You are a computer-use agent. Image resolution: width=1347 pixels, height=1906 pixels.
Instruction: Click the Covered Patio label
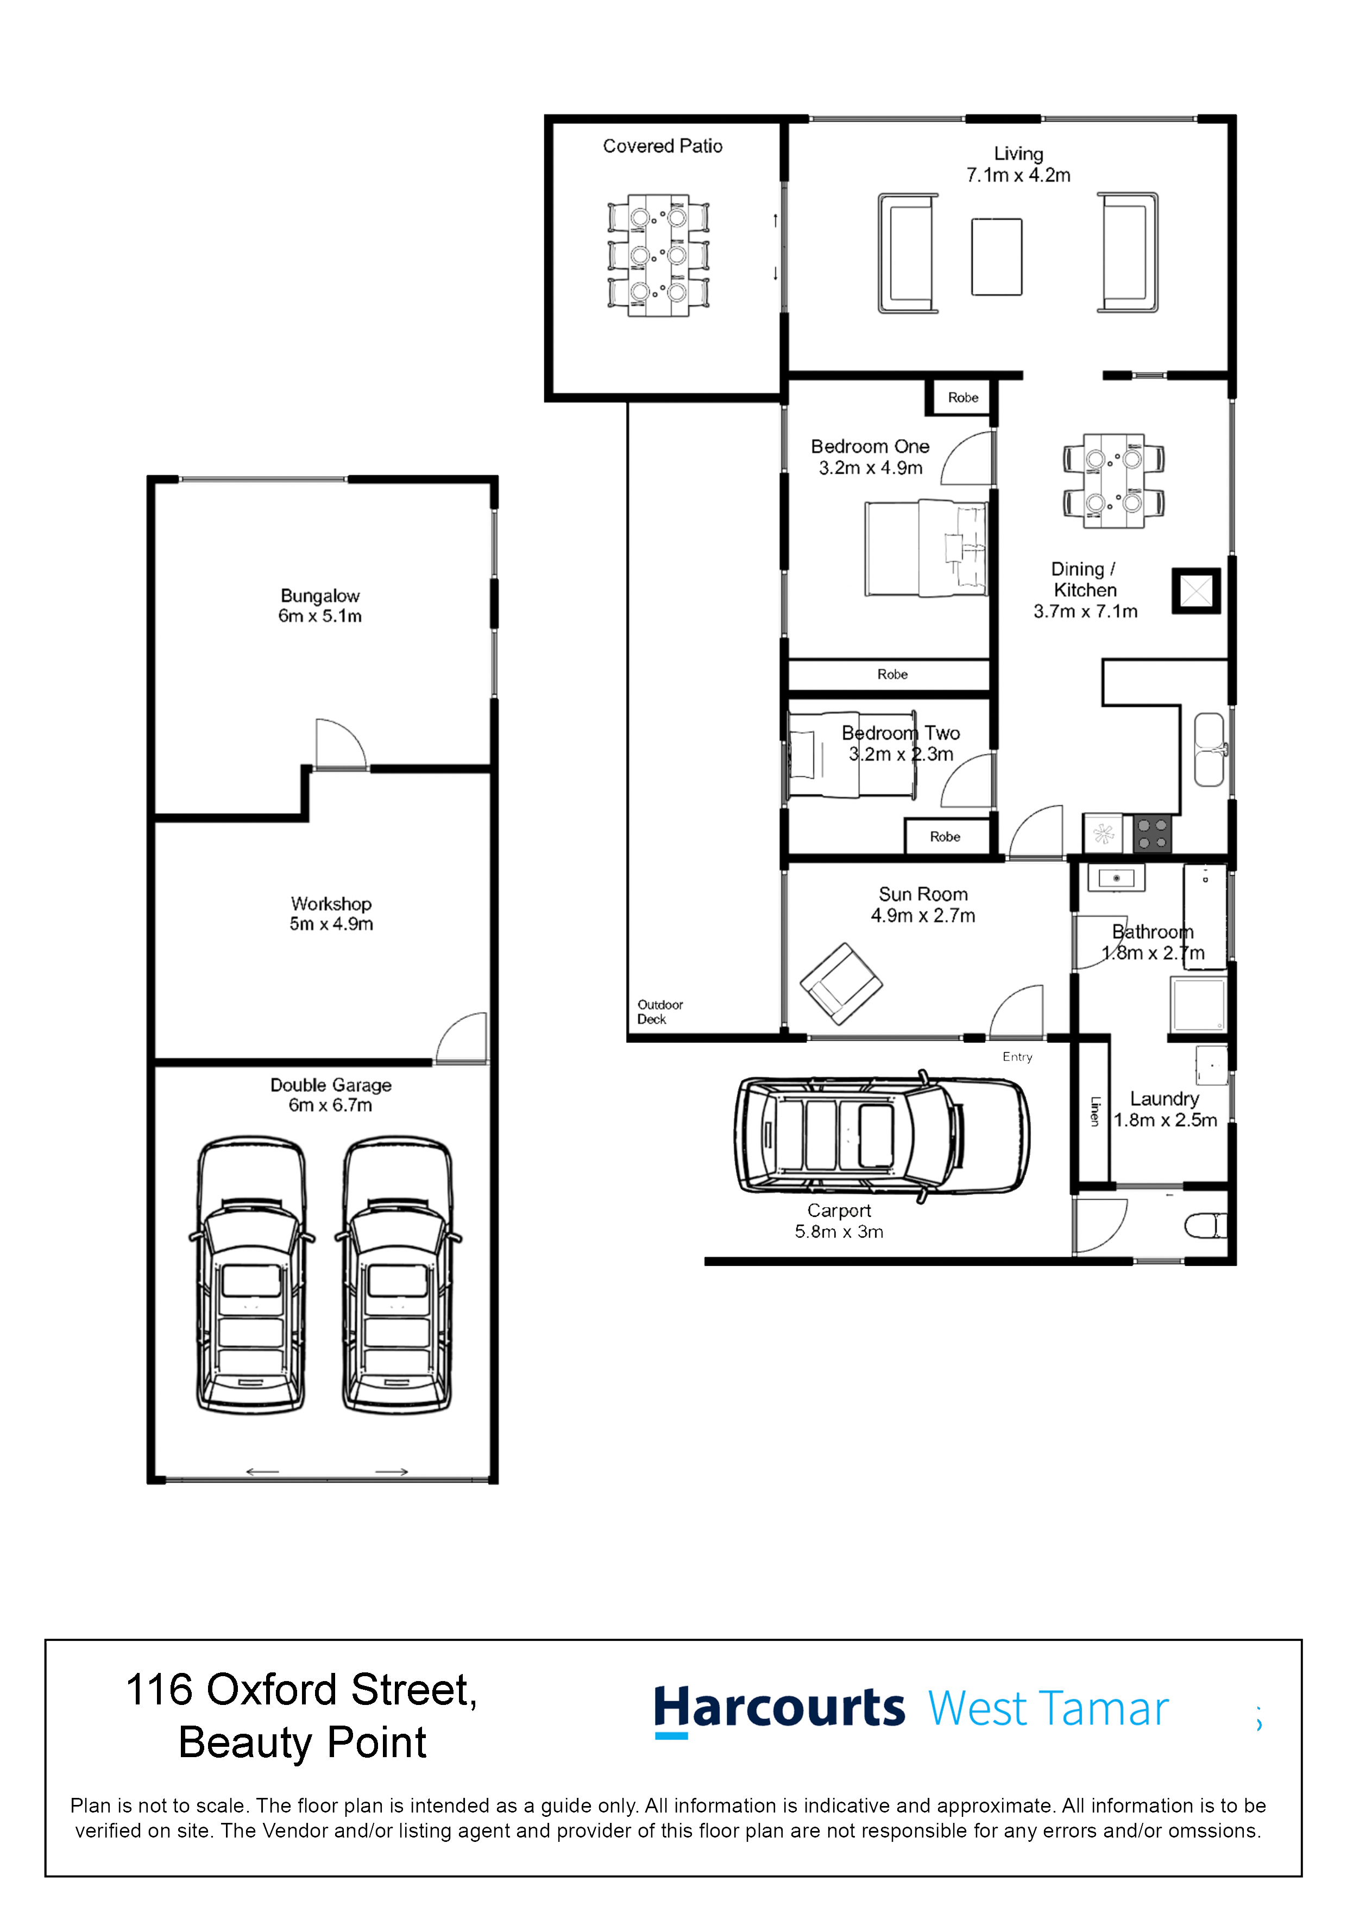click(662, 146)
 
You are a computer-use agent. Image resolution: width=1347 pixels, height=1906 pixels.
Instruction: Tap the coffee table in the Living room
click(996, 256)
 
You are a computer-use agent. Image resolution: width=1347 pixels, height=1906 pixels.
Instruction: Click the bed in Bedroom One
click(926, 548)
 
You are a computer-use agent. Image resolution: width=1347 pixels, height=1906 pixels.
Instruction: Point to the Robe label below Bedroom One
click(892, 674)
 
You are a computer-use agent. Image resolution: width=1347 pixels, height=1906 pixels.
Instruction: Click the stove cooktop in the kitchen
click(1152, 833)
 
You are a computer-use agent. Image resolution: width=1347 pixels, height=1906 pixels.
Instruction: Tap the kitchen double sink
click(1208, 749)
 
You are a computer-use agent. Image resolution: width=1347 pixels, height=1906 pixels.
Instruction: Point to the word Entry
click(1017, 1057)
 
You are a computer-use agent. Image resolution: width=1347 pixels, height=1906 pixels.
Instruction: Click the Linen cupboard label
click(1094, 1111)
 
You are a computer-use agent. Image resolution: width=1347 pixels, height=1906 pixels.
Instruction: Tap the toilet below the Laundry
click(1206, 1225)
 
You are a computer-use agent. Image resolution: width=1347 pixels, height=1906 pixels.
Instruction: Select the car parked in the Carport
click(882, 1135)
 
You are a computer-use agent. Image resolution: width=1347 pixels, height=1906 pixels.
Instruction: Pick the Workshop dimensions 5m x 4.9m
click(331, 924)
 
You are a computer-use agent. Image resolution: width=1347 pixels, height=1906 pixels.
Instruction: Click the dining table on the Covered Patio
click(658, 255)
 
